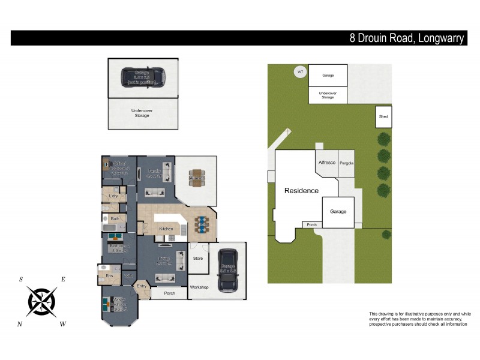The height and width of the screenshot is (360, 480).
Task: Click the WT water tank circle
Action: point(299,73)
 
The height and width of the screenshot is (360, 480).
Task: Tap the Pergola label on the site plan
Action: point(346,163)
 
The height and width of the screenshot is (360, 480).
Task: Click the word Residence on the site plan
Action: point(301,191)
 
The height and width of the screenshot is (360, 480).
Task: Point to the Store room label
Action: point(198,259)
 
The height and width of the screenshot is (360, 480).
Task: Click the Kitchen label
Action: point(166,229)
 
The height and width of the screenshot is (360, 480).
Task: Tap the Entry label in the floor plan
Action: point(142,286)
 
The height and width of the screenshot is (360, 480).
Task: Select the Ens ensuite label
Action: point(109,276)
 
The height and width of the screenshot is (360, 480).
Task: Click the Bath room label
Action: point(115,219)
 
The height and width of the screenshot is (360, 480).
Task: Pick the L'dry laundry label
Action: point(113,196)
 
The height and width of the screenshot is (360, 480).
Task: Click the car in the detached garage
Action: point(143,77)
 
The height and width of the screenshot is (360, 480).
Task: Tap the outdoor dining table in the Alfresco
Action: point(197,178)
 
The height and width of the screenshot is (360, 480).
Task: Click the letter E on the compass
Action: point(63,280)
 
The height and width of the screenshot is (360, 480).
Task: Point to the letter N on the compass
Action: point(21,324)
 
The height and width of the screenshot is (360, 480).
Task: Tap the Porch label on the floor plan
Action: point(169,293)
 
